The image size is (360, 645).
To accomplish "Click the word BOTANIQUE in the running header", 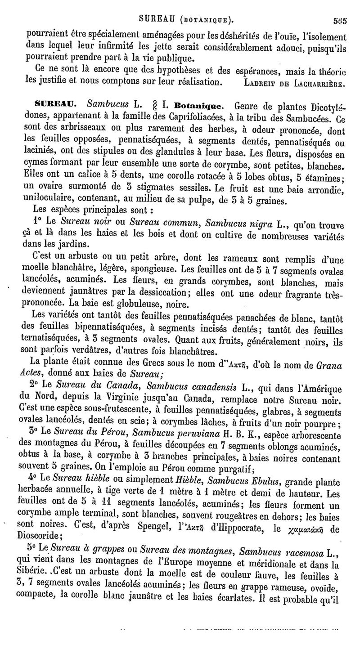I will coord(205,19).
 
